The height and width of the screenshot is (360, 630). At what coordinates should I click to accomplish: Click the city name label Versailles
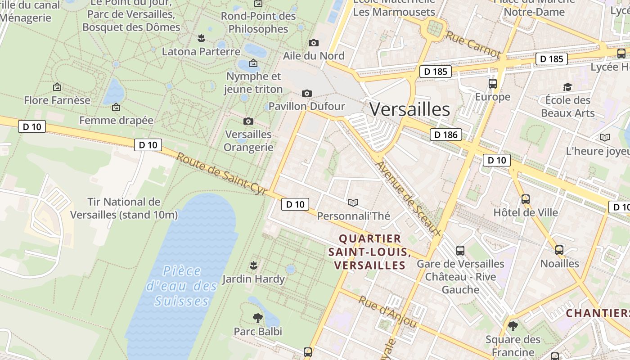click(x=409, y=109)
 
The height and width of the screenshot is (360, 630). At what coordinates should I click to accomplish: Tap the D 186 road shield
click(x=446, y=134)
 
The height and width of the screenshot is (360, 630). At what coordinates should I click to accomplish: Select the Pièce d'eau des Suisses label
click(x=182, y=286)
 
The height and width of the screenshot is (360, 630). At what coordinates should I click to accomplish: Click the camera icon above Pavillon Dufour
click(x=307, y=93)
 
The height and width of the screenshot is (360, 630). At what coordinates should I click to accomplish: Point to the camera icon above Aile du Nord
click(x=314, y=43)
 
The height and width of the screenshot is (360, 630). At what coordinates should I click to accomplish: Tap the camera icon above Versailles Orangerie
click(x=248, y=121)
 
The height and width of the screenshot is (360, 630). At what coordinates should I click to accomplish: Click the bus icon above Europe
click(x=493, y=83)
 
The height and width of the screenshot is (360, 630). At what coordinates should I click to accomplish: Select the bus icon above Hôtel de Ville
click(x=525, y=199)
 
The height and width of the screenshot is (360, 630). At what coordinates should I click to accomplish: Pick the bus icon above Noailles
click(x=559, y=250)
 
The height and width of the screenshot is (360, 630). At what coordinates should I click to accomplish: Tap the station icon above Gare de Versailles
click(x=460, y=250)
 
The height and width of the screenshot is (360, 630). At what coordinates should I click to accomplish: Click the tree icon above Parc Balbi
click(x=257, y=318)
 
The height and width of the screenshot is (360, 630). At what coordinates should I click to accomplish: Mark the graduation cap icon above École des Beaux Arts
click(x=567, y=87)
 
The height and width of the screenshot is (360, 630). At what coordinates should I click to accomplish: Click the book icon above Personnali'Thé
click(x=353, y=202)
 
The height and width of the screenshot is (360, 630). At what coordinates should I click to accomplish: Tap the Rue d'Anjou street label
click(x=387, y=311)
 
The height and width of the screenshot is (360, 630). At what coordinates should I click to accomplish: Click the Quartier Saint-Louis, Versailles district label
click(x=370, y=252)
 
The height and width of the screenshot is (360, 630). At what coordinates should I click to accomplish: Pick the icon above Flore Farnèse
click(x=57, y=87)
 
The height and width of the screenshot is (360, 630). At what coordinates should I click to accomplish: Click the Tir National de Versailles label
click(x=124, y=208)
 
